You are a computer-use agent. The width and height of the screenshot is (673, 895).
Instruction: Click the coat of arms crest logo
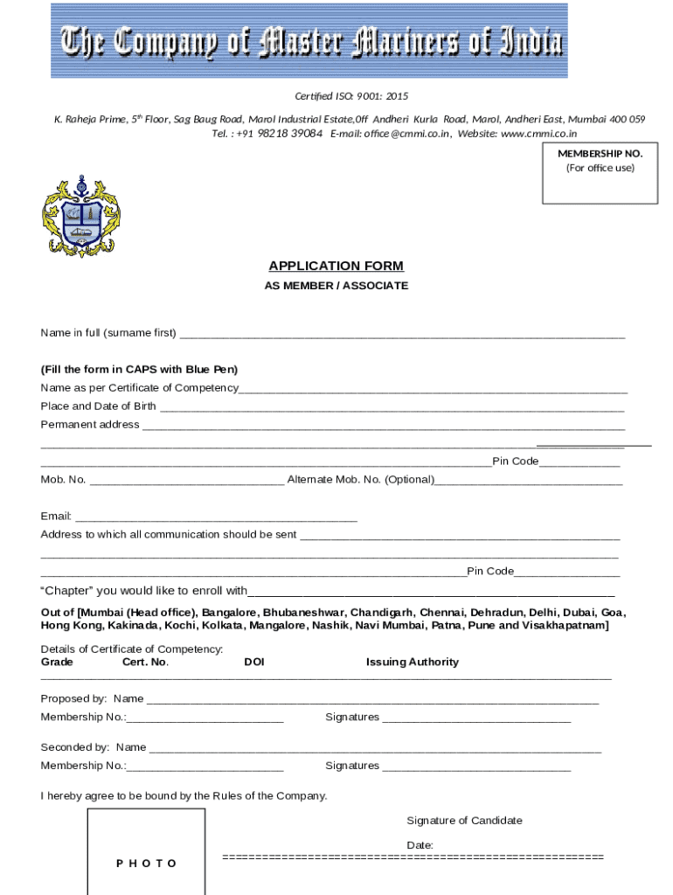81,216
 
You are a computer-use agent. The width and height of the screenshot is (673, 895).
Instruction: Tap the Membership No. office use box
600,173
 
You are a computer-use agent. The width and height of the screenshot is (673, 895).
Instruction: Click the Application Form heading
336,266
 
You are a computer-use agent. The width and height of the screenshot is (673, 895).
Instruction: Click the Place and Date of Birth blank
392,407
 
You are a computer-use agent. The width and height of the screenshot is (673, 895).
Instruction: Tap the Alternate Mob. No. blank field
529,481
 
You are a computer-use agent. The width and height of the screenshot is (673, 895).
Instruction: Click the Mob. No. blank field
187,481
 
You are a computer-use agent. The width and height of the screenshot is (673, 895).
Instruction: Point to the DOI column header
254,662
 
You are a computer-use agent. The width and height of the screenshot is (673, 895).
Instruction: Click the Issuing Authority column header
412,662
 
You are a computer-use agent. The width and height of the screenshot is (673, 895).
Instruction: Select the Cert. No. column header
145,662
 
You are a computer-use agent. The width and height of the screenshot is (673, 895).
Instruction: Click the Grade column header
57,662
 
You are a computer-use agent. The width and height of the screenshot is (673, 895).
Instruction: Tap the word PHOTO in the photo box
146,864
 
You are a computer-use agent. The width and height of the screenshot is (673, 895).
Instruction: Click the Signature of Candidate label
464,820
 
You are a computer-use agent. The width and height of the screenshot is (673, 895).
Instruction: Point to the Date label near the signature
420,844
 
